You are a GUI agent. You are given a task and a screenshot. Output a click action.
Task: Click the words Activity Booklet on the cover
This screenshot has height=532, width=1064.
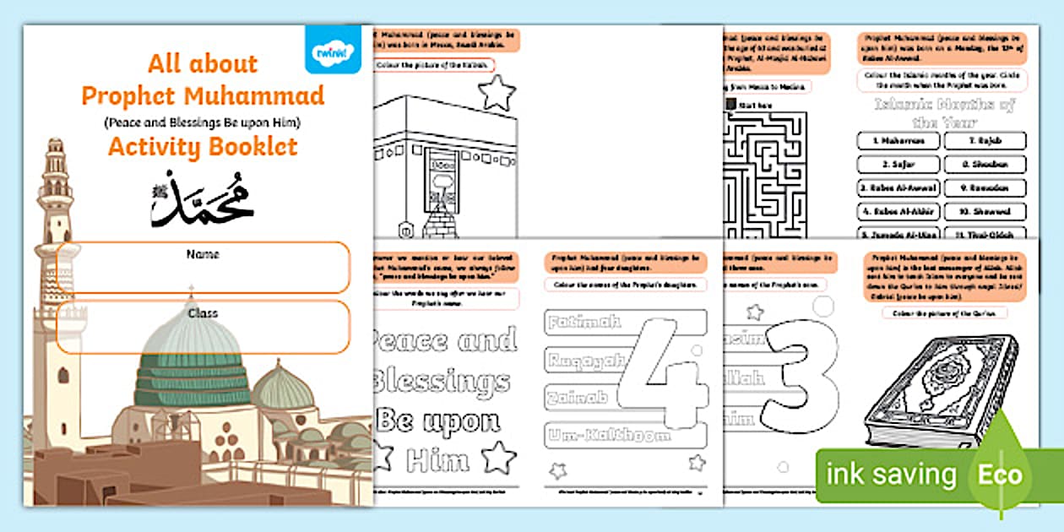[203, 147]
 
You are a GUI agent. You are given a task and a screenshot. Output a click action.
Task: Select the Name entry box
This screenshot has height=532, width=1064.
[203, 267]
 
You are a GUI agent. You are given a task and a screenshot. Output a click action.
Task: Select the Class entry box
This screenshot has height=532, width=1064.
[203, 326]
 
